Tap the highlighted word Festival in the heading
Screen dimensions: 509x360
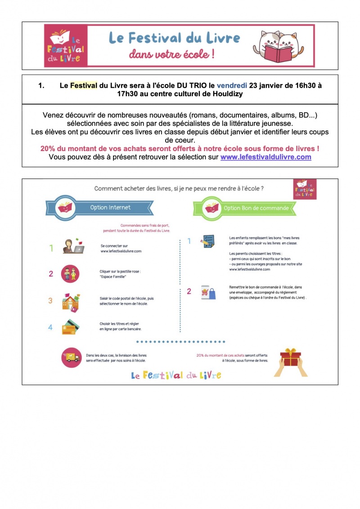[x=84, y=86]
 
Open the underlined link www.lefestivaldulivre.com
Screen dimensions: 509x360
[x=265, y=157]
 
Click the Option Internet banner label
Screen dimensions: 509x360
[x=110, y=208]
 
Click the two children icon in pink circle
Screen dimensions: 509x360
[x=70, y=274]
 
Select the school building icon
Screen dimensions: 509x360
[x=71, y=301]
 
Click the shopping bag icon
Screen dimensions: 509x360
[x=208, y=293]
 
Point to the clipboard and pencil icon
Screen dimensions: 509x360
[x=208, y=241]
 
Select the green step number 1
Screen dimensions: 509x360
[x=51, y=248]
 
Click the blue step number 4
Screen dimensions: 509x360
[x=50, y=327]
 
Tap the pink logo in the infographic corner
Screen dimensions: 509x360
[x=304, y=189]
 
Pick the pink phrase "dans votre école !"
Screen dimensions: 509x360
[x=171, y=55]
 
